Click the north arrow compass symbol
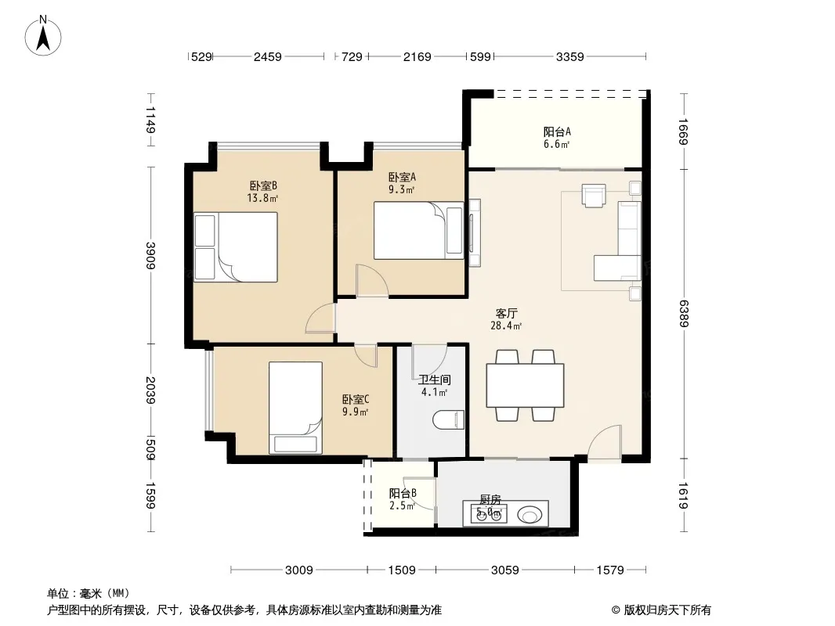click(x=43, y=36)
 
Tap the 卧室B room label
click(x=264, y=185)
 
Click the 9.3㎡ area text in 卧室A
click(x=402, y=189)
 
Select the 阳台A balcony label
click(x=557, y=131)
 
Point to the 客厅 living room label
click(x=506, y=313)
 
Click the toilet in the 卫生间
click(x=448, y=420)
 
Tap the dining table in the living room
click(x=525, y=386)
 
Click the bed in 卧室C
click(x=295, y=408)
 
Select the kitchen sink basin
click(x=530, y=515)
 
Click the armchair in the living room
click(x=594, y=195)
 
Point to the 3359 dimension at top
click(x=569, y=56)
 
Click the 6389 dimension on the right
click(x=685, y=314)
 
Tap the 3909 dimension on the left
click(x=150, y=256)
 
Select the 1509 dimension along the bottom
click(x=402, y=570)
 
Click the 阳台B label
click(x=403, y=493)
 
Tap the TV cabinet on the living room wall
click(x=475, y=232)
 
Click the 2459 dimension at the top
click(x=267, y=56)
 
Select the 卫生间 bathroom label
click(x=435, y=380)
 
